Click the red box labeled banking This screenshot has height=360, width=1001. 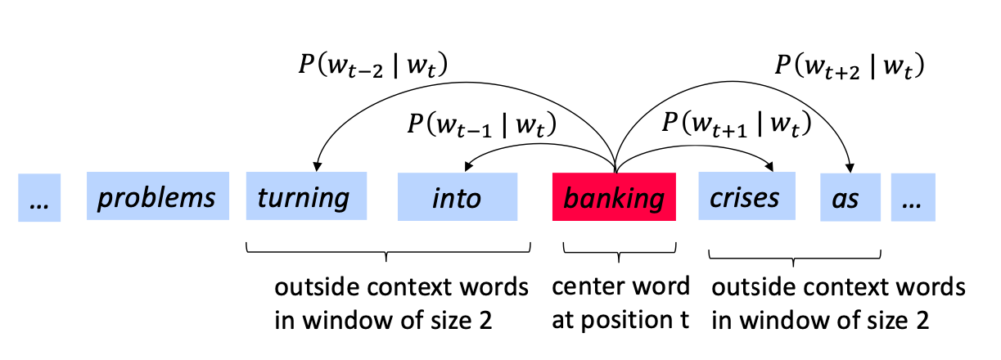point(614,196)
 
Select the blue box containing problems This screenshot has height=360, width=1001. point(157,196)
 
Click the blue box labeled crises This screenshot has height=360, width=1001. point(746,196)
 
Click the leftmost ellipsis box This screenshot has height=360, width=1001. point(38,198)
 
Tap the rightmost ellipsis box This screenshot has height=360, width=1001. point(913,196)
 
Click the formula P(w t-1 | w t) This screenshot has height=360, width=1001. point(481,125)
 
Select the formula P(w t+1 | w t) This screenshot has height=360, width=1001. point(735,125)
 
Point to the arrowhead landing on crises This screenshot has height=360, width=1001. point(770,166)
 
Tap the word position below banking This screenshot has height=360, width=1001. point(626,321)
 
